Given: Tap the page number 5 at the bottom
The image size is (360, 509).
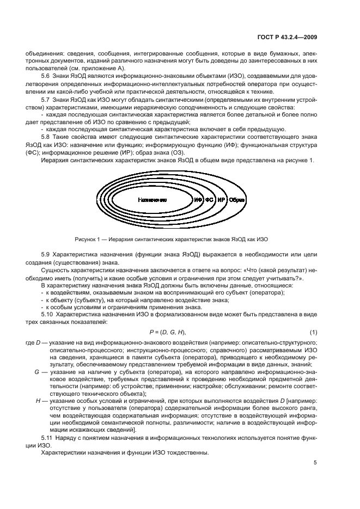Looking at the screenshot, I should click(x=315, y=463).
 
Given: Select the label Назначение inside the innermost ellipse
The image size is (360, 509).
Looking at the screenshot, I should click(x=152, y=200).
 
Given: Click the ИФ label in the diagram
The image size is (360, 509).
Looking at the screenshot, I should click(x=199, y=200).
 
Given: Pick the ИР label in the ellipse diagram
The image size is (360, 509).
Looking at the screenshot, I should click(x=221, y=200).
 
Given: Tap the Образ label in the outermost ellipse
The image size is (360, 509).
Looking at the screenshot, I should click(x=237, y=200).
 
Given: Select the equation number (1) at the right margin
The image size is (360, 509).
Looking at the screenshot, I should click(x=313, y=332).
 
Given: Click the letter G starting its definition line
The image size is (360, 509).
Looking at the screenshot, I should click(x=36, y=371).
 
